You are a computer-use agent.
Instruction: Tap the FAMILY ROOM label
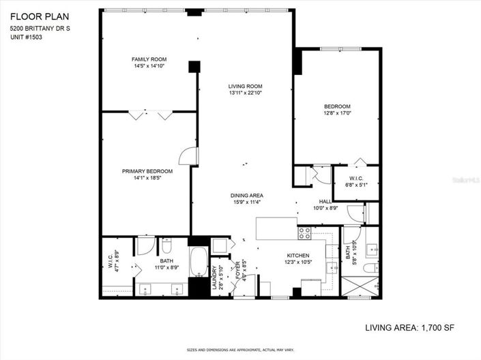[149, 59]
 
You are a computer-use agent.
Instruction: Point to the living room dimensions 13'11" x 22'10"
[245, 93]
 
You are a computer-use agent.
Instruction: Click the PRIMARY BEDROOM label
[147, 171]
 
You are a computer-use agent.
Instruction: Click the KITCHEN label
[297, 255]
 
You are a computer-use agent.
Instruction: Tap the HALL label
[325, 201]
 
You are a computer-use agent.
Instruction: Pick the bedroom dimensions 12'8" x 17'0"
[336, 113]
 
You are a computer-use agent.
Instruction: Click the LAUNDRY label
[214, 278]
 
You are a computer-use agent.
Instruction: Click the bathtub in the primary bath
[199, 263]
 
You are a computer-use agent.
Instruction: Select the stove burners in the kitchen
[304, 233]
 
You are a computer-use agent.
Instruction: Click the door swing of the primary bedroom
[186, 157]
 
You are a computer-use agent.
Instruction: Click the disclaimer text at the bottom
[240, 350]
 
